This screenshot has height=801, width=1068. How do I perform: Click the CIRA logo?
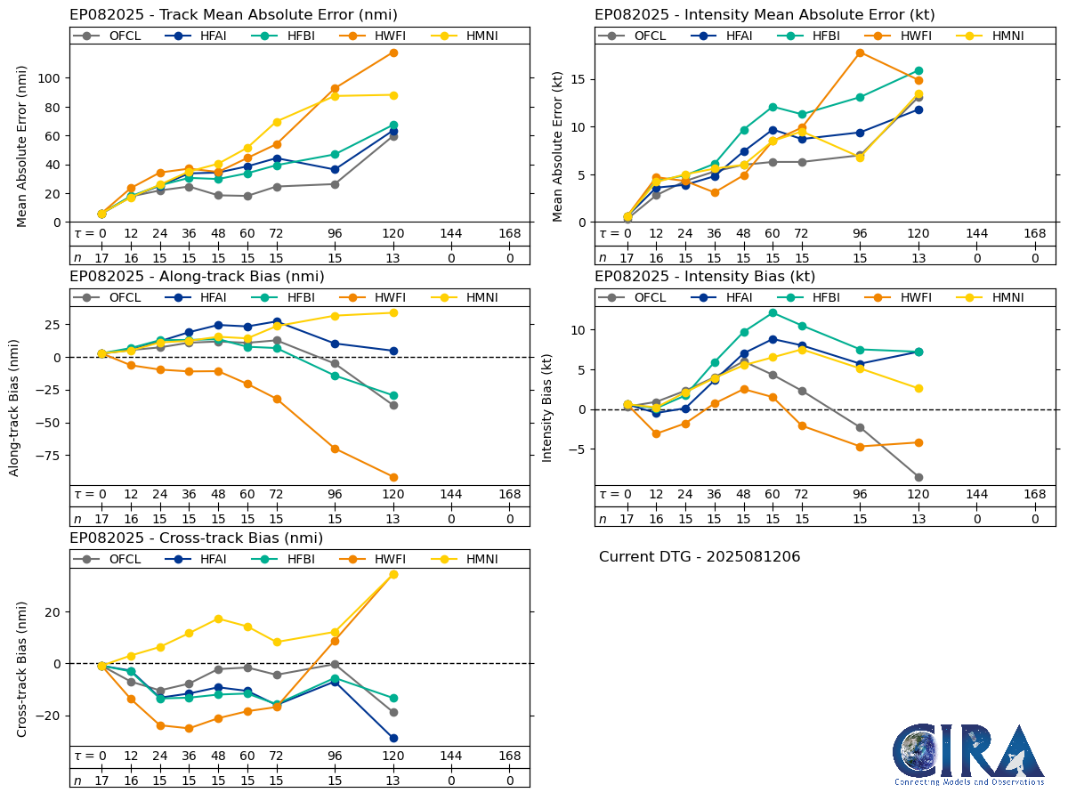point(969,754)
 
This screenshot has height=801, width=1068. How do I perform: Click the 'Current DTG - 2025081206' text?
point(700,557)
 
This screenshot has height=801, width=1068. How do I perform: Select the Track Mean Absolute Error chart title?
point(233,15)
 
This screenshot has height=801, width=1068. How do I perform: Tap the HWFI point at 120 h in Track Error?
point(392,53)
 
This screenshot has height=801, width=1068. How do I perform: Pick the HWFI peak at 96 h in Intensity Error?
point(860,53)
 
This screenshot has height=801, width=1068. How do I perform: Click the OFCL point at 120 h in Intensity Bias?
point(918,477)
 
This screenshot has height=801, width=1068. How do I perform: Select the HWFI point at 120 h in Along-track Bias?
point(392,477)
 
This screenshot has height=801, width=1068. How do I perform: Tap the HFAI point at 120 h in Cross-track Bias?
point(392,738)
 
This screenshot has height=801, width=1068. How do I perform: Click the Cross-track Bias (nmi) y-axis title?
point(22,668)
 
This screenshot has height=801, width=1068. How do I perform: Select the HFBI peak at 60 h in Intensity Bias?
point(773,312)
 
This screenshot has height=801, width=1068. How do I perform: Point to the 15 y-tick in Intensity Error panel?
point(577,79)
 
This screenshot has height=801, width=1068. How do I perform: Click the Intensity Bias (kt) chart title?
point(705,277)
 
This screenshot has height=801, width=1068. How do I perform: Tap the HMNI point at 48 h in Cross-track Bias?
point(218,619)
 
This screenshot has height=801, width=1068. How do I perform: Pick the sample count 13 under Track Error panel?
point(392,257)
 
